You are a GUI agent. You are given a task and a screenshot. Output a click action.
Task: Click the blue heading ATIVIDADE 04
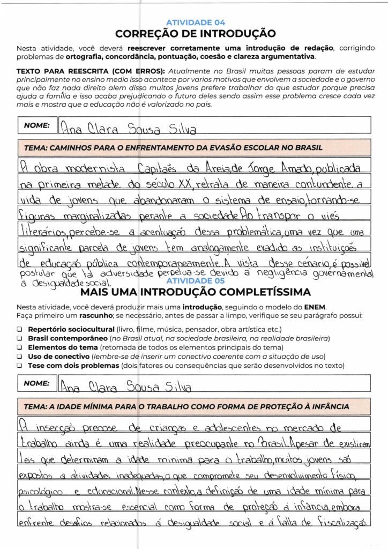(196, 23)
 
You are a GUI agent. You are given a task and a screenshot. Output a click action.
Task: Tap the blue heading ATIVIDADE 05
(196, 281)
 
